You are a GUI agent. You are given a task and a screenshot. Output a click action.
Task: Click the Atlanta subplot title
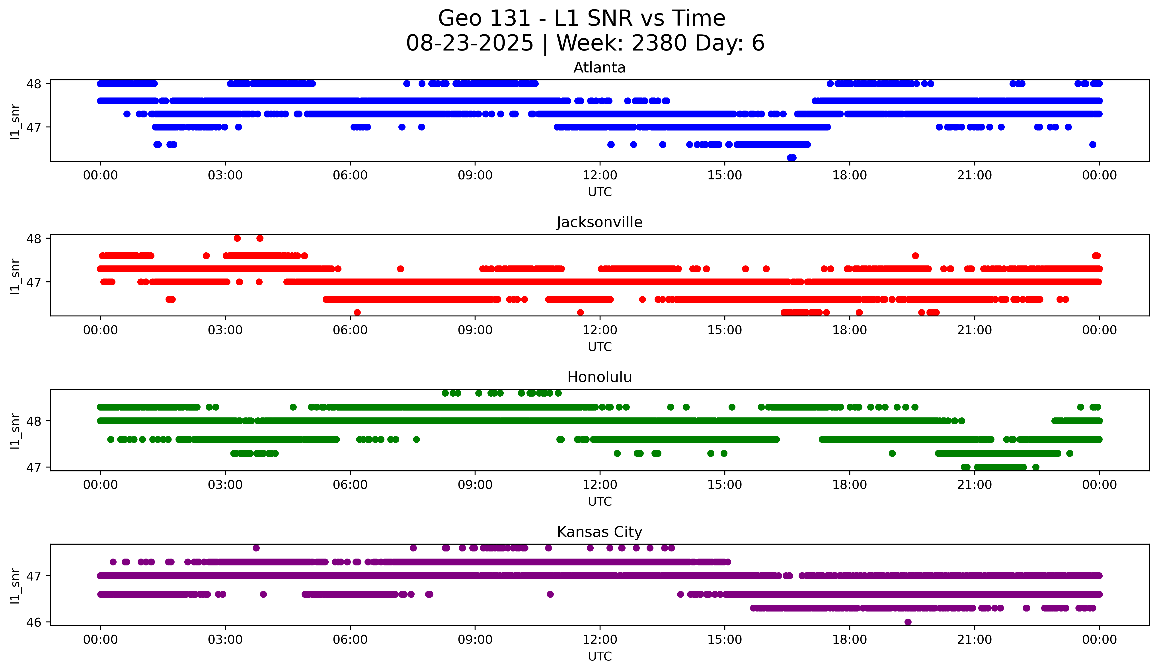[x=599, y=68]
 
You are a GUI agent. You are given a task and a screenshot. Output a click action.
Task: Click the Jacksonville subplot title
[x=599, y=222]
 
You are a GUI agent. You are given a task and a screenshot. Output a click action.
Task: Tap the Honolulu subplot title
[x=599, y=377]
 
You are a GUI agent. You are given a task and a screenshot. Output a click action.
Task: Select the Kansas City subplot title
[x=599, y=532]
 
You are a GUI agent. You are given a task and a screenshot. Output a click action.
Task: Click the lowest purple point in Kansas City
[x=908, y=622]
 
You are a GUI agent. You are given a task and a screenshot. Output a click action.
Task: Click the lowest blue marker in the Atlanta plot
[x=791, y=158]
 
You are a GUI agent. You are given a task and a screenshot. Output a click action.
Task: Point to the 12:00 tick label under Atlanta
[x=600, y=175]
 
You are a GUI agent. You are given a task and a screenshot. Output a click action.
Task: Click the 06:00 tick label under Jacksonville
[x=350, y=330]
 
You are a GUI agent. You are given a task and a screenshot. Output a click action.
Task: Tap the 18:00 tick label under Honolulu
[x=849, y=485]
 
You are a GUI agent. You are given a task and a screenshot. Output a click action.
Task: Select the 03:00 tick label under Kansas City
[x=225, y=640]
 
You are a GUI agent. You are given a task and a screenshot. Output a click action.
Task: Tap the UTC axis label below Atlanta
[x=600, y=192]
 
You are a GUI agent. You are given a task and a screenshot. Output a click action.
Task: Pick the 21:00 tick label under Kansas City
[x=974, y=640]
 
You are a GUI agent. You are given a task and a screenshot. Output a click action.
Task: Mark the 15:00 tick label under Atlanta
[x=725, y=175]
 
